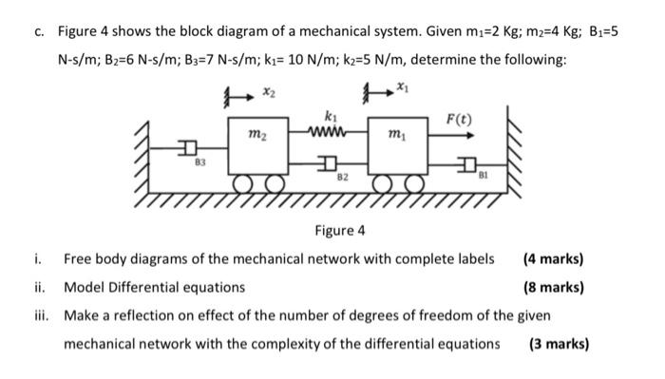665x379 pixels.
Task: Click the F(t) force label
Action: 459,119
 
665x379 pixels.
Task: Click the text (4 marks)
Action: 553,258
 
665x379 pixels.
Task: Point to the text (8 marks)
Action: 553,287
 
